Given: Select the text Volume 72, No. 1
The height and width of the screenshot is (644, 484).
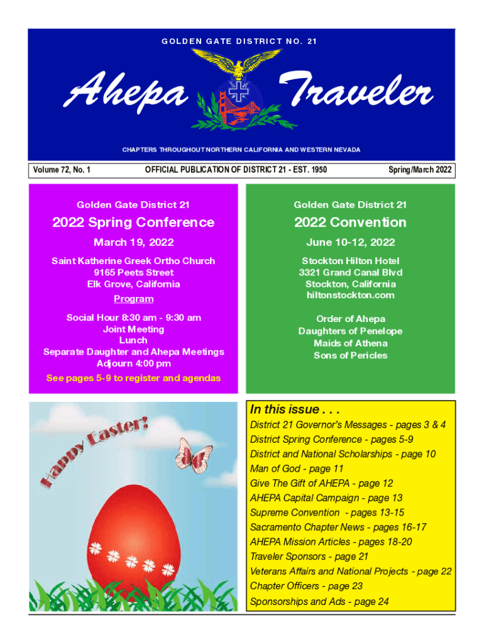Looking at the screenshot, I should tap(63, 170).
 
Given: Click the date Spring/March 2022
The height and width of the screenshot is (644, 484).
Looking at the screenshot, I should tap(420, 170).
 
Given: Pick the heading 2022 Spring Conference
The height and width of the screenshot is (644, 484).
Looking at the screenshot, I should tap(133, 222).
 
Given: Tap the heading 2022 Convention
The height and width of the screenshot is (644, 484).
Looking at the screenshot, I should tap(350, 222).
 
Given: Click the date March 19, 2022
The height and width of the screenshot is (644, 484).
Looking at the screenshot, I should tap(133, 242).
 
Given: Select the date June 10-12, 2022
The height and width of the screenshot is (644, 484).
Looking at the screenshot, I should tap(350, 242).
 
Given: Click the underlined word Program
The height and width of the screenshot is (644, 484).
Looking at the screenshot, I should tap(133, 299).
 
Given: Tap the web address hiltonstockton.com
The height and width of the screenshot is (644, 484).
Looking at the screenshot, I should tap(350, 295).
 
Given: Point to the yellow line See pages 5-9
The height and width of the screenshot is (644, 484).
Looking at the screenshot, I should tap(133, 378).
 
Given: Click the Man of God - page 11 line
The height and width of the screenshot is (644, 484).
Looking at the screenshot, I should tap(297, 469).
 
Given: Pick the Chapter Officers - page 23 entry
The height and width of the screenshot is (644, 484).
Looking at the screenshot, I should tap(306, 586).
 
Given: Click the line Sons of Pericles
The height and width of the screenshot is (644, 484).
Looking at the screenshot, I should tap(350, 355).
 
